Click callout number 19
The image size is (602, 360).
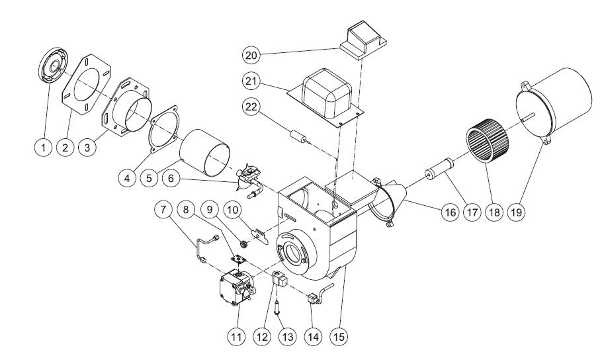pyautogui.click(x=517, y=213)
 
